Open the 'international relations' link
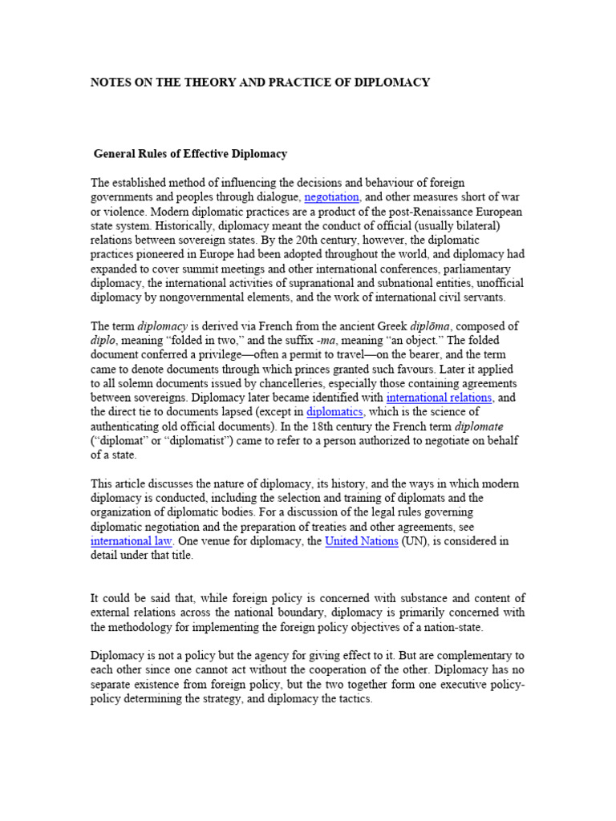[439, 398]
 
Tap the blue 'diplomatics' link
[334, 412]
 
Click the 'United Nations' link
[361, 541]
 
